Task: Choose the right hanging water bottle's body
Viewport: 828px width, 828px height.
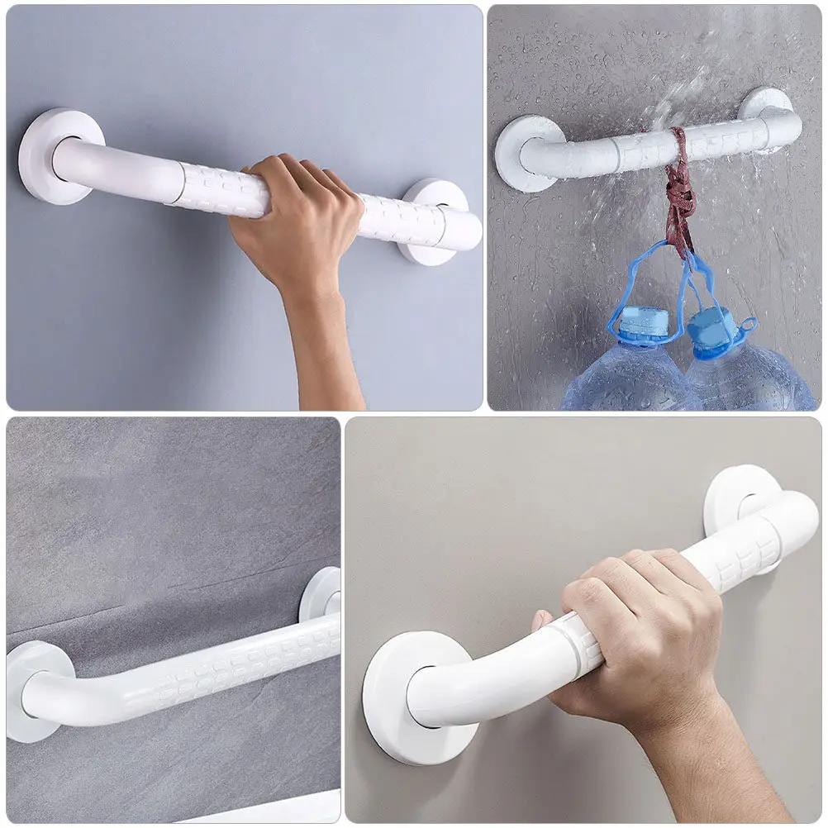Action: tap(748, 380)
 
